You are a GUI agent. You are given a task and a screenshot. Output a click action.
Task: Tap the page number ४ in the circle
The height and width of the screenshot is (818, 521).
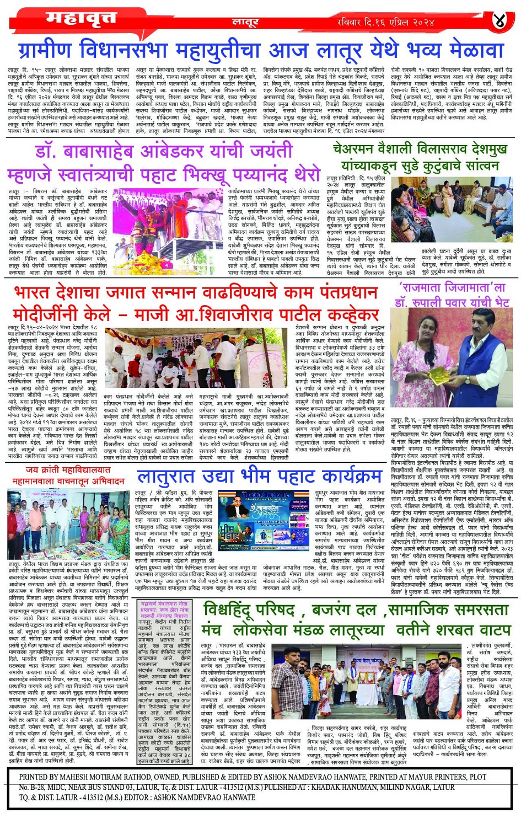[498, 21]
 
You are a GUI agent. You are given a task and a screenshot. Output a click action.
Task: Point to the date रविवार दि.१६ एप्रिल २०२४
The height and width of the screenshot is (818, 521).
[386, 22]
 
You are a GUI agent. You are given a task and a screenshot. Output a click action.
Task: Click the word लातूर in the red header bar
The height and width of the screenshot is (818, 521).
[245, 22]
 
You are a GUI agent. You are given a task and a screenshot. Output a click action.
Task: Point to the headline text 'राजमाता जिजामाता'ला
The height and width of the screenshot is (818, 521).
[452, 288]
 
